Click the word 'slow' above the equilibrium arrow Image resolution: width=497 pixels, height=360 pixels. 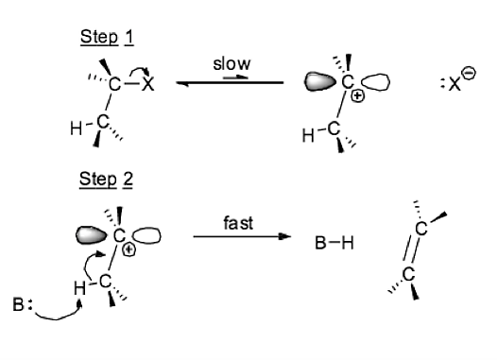coord(231,63)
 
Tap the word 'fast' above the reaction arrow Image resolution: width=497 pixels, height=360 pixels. coord(238,223)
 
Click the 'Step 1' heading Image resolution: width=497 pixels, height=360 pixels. coord(107,37)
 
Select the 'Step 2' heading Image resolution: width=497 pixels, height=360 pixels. coord(106,179)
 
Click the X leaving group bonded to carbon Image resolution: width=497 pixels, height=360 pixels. coord(147,84)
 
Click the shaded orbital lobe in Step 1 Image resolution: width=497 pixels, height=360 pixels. coord(319,82)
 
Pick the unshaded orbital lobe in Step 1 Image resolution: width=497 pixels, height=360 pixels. coord(376,83)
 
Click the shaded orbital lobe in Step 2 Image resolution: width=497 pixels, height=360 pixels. coord(92,235)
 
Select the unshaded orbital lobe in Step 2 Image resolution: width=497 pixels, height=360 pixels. coord(146,236)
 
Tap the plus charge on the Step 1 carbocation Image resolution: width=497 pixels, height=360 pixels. coord(357,95)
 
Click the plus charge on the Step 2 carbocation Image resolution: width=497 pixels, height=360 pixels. coord(129,250)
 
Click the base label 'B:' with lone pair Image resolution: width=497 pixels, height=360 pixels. coord(22,304)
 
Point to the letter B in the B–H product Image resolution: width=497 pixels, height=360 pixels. coord(320,243)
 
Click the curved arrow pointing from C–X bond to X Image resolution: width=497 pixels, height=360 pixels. coord(140,72)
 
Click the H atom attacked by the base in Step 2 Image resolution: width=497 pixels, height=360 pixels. coord(79,288)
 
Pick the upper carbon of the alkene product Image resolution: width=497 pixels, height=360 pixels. coord(420,228)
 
